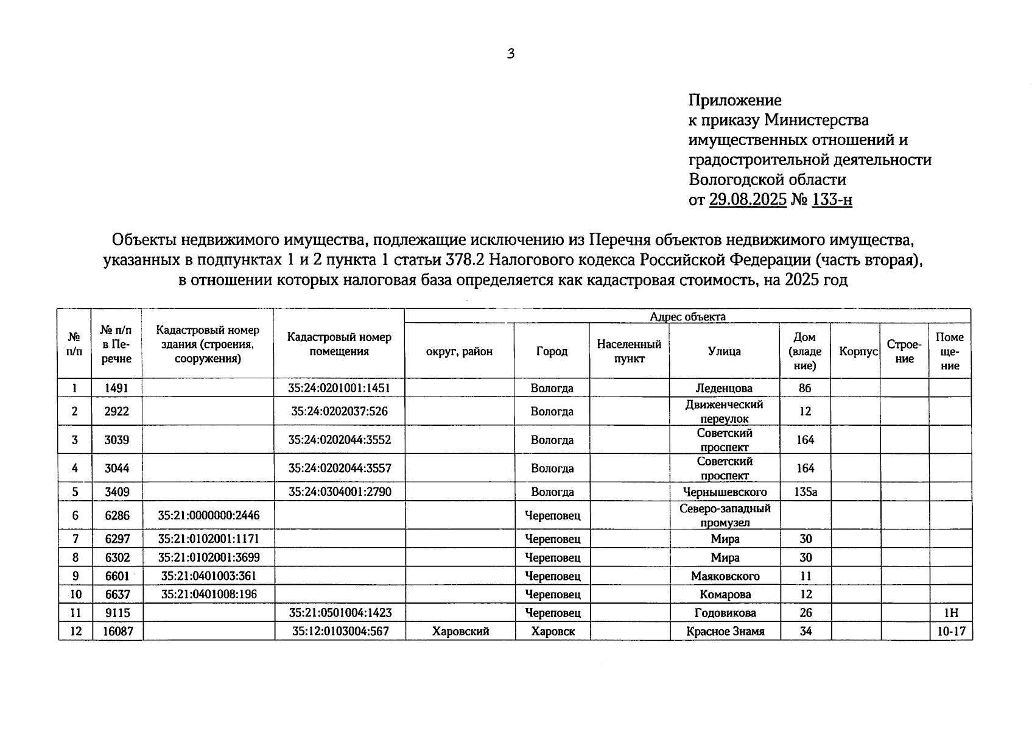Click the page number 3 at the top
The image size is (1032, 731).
pyautogui.click(x=511, y=54)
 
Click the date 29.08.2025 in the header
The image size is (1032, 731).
pyautogui.click(x=748, y=200)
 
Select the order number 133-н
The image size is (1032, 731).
pyautogui.click(x=832, y=200)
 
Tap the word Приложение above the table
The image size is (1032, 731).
pyautogui.click(x=735, y=100)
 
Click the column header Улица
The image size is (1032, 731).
pyautogui.click(x=724, y=351)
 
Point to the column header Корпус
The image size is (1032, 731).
pyautogui.click(x=858, y=351)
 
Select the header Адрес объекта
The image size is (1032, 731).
pyautogui.click(x=687, y=317)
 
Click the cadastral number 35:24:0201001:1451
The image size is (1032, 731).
pyautogui.click(x=339, y=388)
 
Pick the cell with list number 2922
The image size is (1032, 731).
pyautogui.click(x=116, y=411)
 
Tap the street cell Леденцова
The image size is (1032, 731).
pyautogui.click(x=724, y=388)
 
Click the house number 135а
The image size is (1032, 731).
pyautogui.click(x=805, y=492)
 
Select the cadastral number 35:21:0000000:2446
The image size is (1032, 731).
pyautogui.click(x=208, y=515)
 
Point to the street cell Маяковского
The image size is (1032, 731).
pyautogui.click(x=725, y=576)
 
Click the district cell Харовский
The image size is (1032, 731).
pyautogui.click(x=460, y=631)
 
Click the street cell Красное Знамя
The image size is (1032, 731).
pyautogui.click(x=725, y=631)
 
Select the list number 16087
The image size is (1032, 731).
pyautogui.click(x=116, y=631)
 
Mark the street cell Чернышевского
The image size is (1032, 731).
pyautogui.click(x=725, y=492)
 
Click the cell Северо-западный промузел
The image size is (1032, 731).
pyautogui.click(x=725, y=515)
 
